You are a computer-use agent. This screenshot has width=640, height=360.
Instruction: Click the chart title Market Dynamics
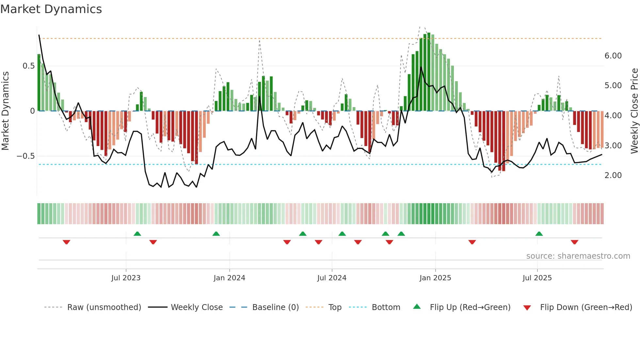point(51,9)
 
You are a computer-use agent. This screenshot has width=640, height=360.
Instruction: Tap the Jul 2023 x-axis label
point(126,278)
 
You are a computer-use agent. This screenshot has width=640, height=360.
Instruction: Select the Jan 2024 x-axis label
point(229,278)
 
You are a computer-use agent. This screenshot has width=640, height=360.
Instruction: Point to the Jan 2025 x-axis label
point(435,278)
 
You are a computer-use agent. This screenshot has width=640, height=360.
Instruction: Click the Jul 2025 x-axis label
point(537,278)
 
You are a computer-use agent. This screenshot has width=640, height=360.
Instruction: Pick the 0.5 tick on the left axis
point(29,66)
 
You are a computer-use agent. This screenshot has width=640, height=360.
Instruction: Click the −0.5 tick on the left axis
point(26,156)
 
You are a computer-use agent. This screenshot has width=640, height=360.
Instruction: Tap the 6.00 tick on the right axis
point(613,56)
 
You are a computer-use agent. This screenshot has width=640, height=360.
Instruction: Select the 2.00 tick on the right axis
point(613,175)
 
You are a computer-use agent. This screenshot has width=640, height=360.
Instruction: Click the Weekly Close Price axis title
point(634,111)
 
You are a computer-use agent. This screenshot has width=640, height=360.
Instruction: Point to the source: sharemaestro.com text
point(578,256)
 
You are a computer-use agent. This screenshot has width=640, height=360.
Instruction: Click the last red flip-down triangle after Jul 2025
point(574,242)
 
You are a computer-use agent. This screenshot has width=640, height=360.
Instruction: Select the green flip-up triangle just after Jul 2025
point(539,234)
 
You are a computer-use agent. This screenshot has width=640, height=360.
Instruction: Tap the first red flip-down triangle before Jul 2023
point(66,242)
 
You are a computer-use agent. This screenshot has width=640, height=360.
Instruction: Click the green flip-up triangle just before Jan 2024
point(216,234)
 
